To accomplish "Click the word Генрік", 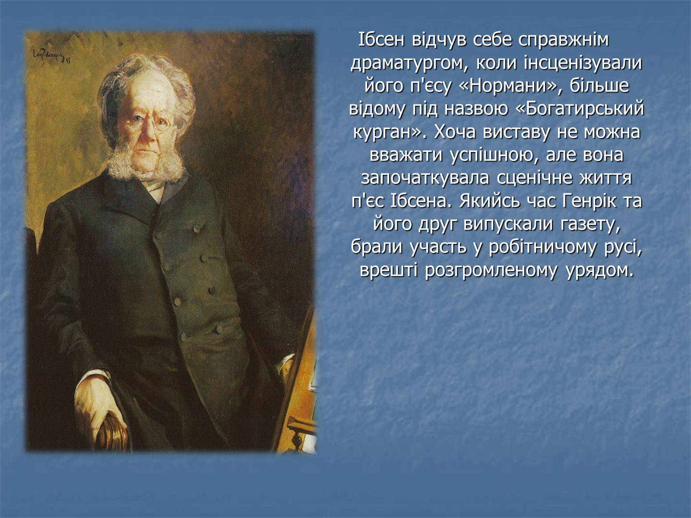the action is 589,201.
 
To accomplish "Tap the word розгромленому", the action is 491,271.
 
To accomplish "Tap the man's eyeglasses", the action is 150,121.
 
